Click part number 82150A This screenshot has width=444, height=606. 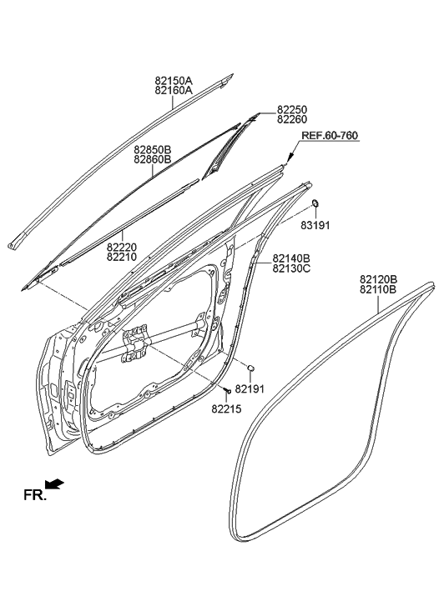tap(174, 81)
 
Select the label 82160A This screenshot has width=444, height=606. tap(174, 91)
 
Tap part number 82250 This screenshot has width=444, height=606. tap(293, 109)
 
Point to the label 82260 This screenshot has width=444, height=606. tap(293, 119)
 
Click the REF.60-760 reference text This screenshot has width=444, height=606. tap(330, 135)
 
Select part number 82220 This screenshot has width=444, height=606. tap(124, 248)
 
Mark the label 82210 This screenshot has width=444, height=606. tap(124, 258)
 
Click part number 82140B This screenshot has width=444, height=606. tap(291, 258)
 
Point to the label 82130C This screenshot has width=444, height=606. tap(291, 268)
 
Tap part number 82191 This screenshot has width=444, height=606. tap(249, 388)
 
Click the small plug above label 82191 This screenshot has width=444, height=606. tap(251, 368)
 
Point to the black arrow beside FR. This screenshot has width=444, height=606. tap(55, 484)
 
